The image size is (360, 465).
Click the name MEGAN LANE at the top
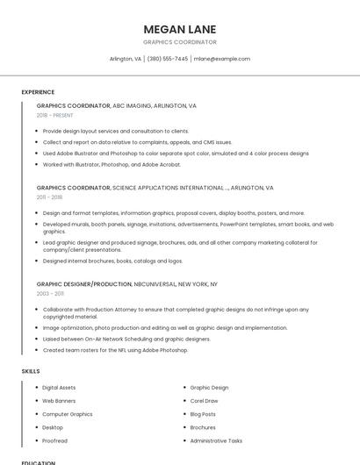179,29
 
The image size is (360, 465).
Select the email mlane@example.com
222,59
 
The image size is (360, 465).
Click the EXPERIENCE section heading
38,91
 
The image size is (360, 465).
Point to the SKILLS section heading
31,371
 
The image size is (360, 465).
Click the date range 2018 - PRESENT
55,115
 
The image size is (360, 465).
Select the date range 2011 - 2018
49,197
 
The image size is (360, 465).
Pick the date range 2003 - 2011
50,294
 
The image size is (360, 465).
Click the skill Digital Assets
59,387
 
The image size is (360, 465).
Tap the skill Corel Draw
204,401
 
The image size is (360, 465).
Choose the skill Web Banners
59,401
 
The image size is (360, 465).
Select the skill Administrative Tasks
216,440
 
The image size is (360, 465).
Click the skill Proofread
54,440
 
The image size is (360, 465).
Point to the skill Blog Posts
203,414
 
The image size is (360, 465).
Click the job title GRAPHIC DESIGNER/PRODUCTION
83,284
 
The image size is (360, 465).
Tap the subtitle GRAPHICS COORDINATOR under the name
179,42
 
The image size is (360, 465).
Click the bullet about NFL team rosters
115,350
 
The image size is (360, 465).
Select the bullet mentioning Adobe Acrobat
112,164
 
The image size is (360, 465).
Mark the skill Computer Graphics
67,414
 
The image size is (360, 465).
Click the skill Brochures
203,427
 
